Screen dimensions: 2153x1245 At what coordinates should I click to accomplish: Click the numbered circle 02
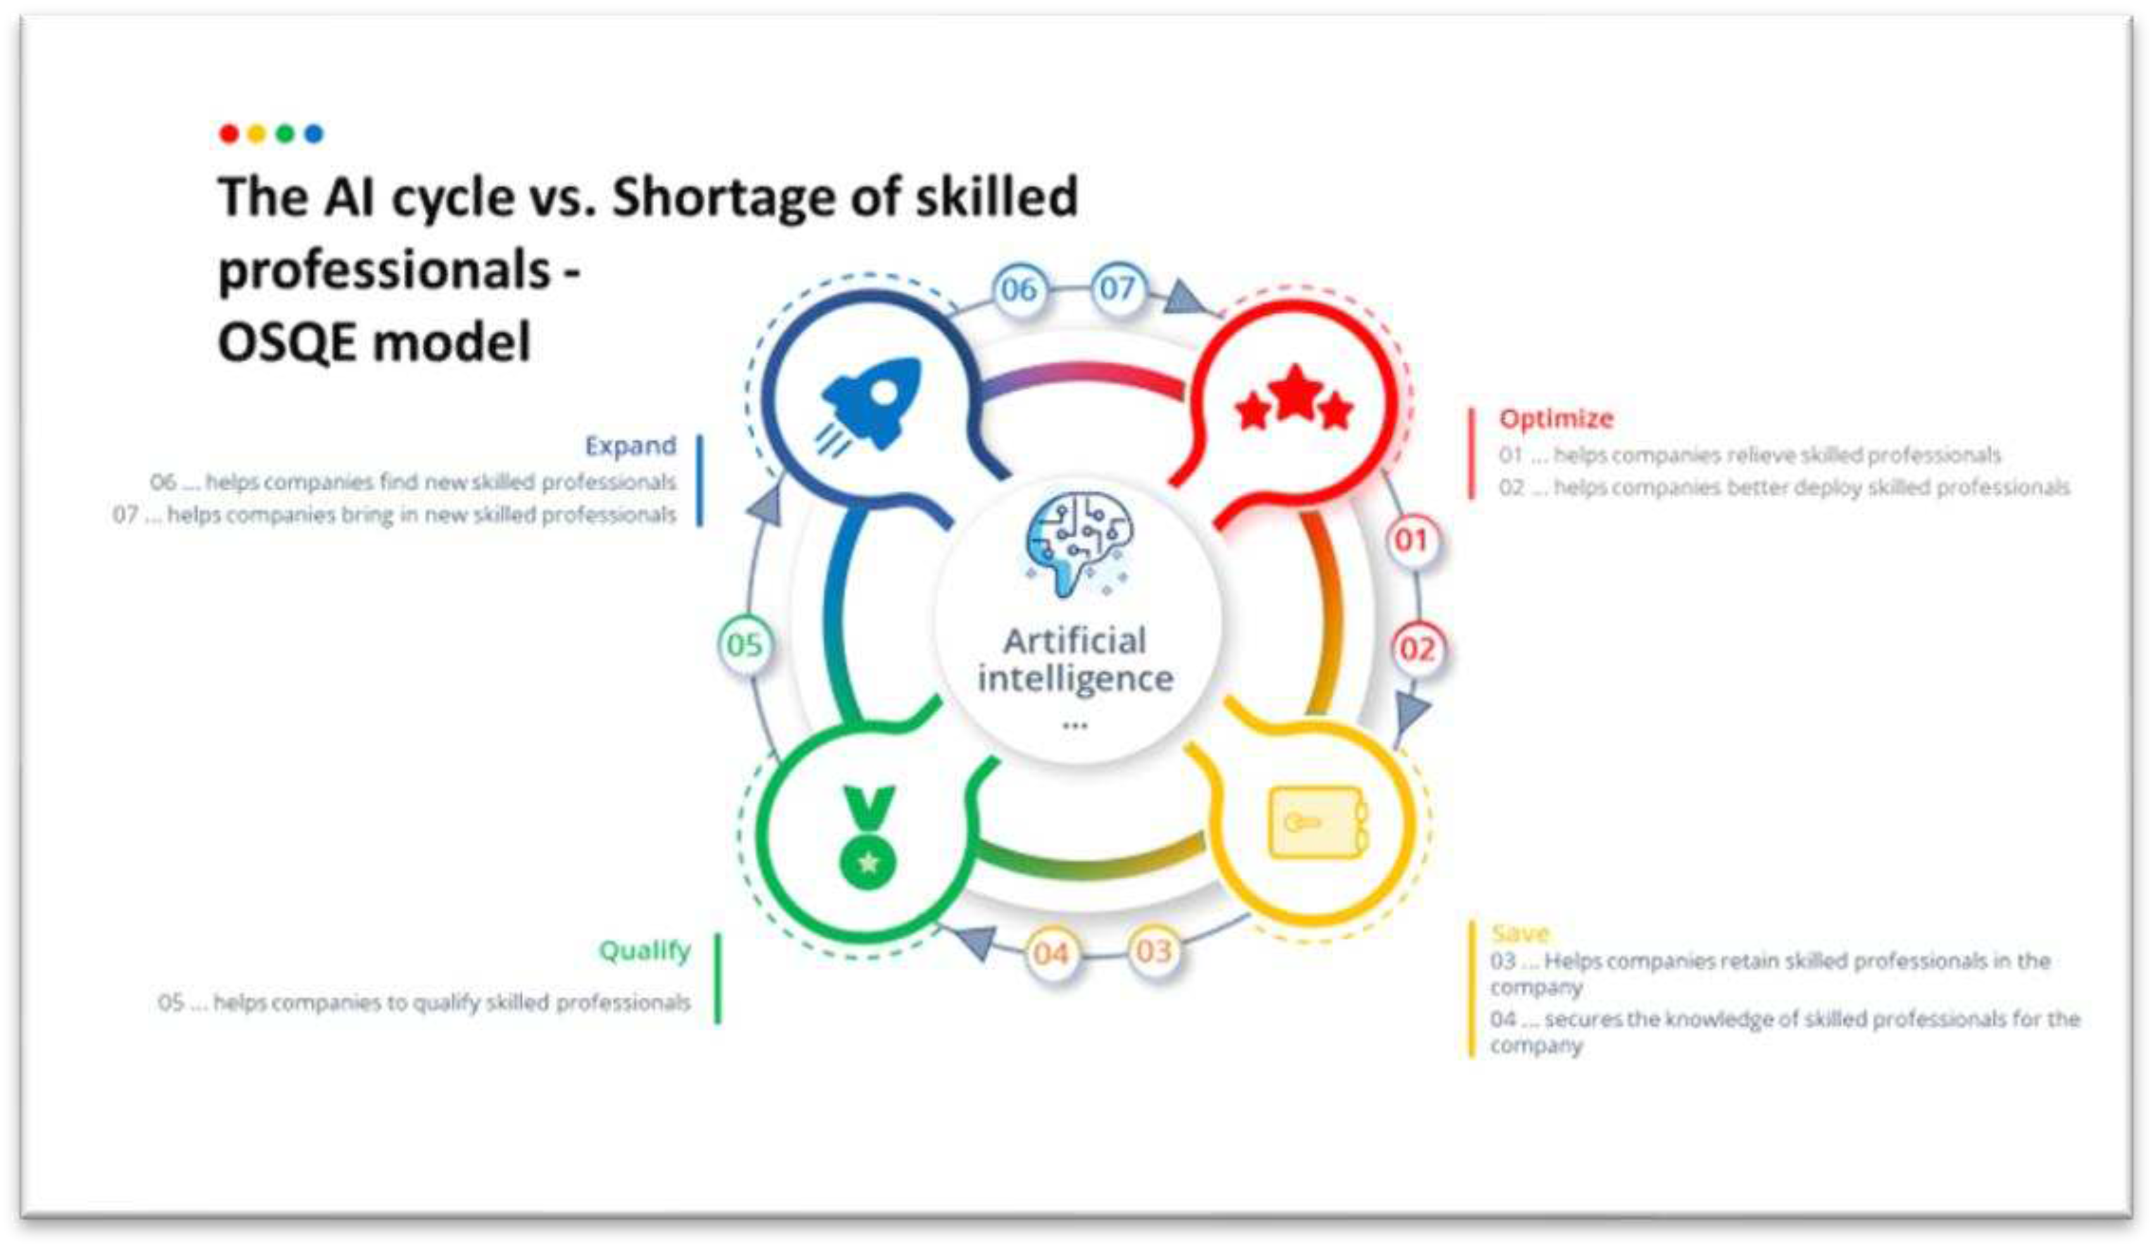click(x=1417, y=649)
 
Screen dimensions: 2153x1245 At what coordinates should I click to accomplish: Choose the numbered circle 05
click(x=744, y=644)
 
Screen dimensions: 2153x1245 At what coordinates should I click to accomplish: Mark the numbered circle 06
click(x=1019, y=290)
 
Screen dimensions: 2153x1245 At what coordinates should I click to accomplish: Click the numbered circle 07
click(x=1117, y=288)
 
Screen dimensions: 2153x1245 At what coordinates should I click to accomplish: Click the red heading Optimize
click(x=1556, y=419)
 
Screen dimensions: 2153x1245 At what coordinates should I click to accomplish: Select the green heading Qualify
click(x=645, y=950)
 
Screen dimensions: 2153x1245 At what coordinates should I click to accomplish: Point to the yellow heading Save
click(x=1520, y=932)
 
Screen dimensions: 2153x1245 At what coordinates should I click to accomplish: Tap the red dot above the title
click(x=229, y=134)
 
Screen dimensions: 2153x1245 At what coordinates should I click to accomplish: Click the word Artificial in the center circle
click(x=1075, y=641)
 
